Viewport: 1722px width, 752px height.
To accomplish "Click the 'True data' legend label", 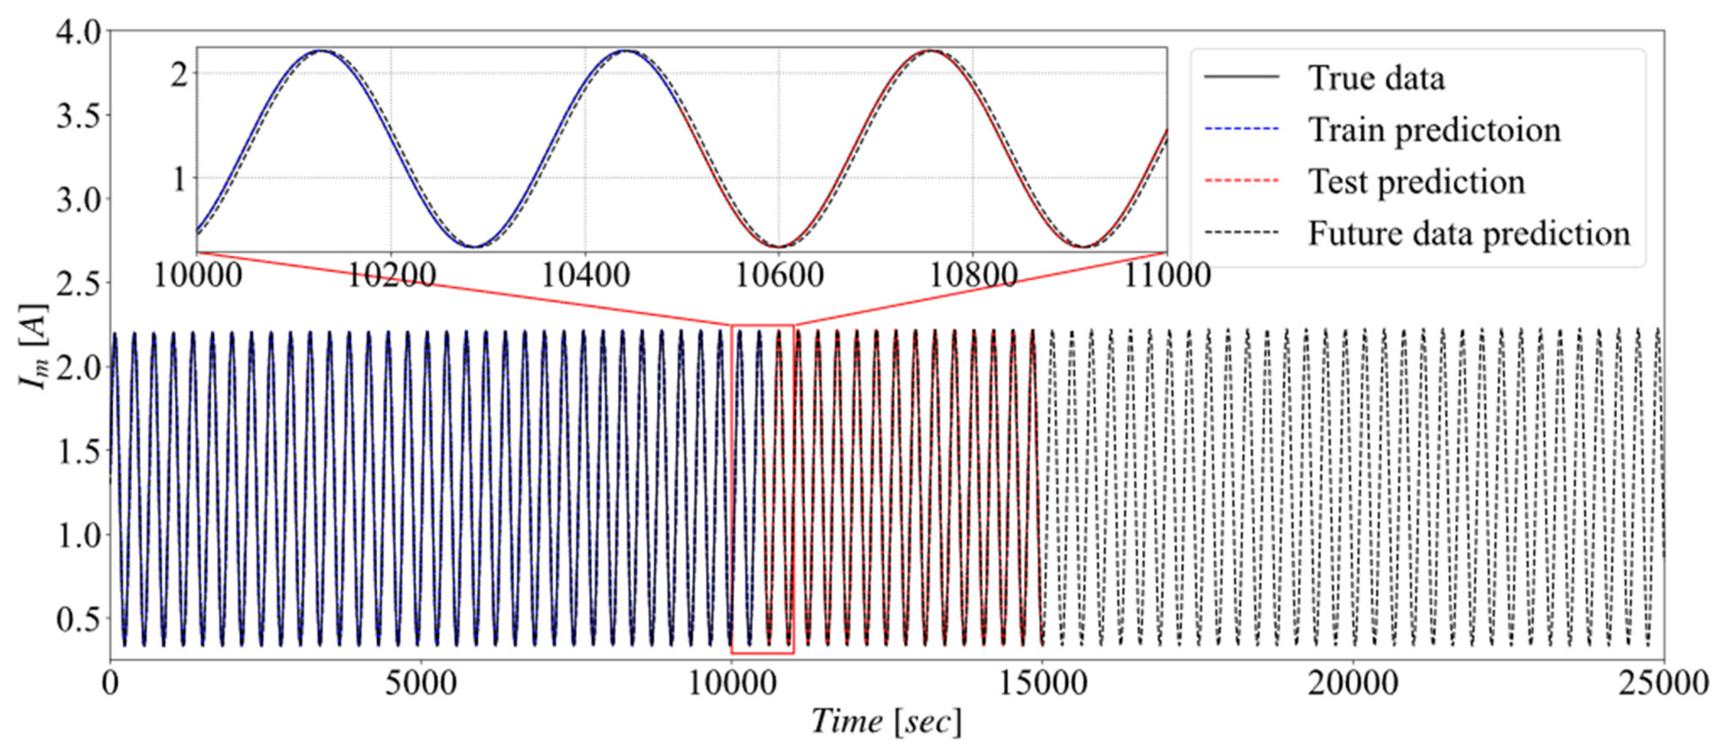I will point(1376,78).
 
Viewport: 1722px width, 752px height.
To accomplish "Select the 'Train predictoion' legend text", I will point(1434,130).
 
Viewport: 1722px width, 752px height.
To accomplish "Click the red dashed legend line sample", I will point(1241,181).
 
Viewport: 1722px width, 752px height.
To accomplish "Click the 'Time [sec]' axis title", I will point(887,722).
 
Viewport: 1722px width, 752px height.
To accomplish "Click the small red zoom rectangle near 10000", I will point(763,326).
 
